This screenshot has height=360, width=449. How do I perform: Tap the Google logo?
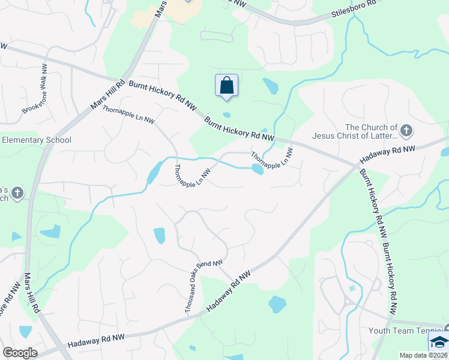tap(20, 352)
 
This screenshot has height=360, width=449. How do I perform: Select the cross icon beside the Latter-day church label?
tap(406, 130)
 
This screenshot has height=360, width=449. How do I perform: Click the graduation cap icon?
tap(439, 343)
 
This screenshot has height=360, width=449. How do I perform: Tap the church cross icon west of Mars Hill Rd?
tap(17, 193)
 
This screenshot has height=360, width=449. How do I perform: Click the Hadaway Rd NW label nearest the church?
tap(387, 155)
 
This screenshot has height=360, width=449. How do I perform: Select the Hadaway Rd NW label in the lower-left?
tap(95, 340)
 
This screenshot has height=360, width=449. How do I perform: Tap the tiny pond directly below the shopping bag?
tap(226, 115)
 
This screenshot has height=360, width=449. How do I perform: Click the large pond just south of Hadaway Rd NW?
tap(277, 304)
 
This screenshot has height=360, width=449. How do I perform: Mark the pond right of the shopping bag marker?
tap(271, 86)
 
